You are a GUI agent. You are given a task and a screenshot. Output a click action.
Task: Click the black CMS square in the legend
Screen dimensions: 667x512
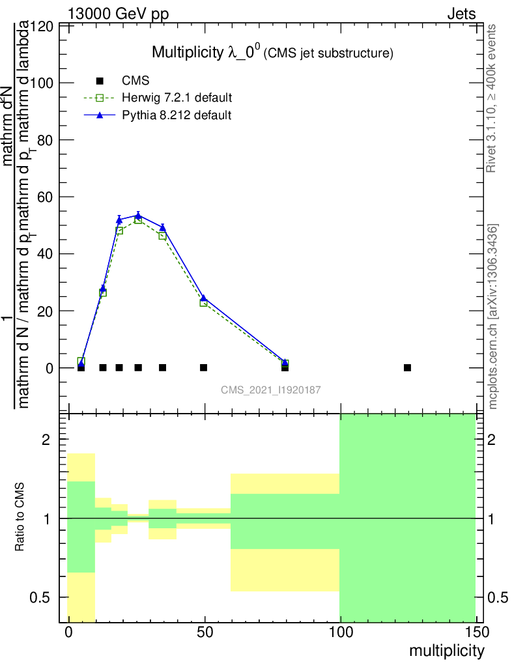point(100,81)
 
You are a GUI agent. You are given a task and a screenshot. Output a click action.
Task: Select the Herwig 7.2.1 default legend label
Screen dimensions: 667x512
point(177,98)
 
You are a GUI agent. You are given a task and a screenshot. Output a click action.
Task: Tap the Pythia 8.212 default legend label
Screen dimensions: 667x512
point(177,115)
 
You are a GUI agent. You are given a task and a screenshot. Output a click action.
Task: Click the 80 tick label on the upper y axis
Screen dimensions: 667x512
point(45,140)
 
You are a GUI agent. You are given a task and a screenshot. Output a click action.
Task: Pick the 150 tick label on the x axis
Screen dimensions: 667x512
point(476,632)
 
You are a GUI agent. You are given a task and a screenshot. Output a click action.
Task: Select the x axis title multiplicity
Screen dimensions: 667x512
point(446,651)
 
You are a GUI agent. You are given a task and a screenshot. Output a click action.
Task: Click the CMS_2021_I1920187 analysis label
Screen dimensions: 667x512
point(270,390)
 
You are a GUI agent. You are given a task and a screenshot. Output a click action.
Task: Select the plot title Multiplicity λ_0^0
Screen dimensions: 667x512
point(272,53)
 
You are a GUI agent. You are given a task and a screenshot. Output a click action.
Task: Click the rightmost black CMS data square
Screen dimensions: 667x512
point(407,367)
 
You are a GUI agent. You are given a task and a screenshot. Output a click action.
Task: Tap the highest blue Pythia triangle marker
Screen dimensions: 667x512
point(138,215)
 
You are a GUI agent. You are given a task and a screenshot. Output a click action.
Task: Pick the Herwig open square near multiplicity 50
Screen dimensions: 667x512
point(204,302)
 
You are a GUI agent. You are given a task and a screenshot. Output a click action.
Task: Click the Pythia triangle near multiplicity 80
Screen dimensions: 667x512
point(285,361)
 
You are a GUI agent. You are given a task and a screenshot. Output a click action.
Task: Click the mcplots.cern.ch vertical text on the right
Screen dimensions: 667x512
point(493,317)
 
